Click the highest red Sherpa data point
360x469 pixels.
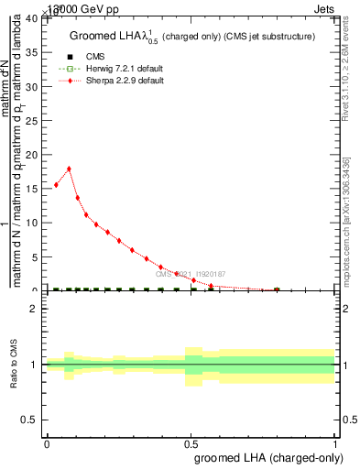69,169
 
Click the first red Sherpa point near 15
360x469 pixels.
56,185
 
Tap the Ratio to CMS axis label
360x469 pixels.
14,365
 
